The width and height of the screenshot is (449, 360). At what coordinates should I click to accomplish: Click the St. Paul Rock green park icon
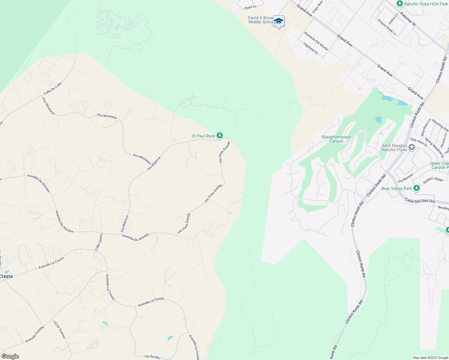coord(220,136)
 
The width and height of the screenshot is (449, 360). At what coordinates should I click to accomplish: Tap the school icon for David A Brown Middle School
coord(279,21)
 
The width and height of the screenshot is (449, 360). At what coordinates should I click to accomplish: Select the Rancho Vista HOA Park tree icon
coord(399,4)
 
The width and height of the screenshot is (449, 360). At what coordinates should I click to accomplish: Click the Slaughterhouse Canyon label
coord(336,139)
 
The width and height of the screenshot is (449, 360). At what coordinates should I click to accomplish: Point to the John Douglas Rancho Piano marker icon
coord(412,147)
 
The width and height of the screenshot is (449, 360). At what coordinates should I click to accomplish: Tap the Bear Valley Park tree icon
coord(416,188)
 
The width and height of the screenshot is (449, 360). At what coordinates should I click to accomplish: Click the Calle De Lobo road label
coord(53,88)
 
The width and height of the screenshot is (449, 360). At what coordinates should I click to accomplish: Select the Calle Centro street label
coord(99,242)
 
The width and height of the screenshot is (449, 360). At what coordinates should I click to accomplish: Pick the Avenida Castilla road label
coord(35,334)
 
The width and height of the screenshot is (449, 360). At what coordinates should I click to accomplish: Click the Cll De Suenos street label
coord(59,329)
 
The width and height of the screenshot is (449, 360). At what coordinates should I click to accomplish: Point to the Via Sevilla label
coord(152,357)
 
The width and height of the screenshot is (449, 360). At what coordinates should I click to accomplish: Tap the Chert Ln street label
coord(250,7)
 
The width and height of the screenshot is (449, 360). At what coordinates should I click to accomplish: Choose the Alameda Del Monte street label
coord(316,41)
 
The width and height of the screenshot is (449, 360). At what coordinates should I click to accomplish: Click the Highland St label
coord(310,48)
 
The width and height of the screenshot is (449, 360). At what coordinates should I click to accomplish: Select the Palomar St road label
coord(408,19)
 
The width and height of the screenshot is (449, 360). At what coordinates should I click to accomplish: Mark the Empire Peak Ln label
coord(387,27)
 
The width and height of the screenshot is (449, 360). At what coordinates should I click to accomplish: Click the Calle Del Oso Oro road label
coord(420,200)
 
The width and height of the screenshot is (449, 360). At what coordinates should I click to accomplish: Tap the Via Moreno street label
coord(405,178)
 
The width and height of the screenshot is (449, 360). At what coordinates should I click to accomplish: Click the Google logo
coord(10,356)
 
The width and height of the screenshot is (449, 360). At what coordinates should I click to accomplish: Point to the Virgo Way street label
coord(317,7)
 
